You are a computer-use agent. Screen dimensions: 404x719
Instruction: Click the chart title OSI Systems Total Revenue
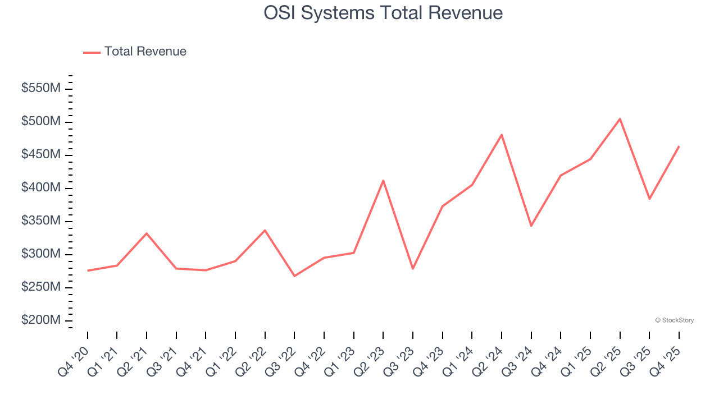point(383,13)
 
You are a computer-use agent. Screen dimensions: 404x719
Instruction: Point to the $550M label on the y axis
point(41,88)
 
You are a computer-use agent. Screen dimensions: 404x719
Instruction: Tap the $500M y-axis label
point(41,121)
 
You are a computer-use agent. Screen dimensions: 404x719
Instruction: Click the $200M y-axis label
point(41,320)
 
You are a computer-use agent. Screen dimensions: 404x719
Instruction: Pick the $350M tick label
point(41,221)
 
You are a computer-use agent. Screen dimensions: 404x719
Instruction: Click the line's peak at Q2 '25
point(620,119)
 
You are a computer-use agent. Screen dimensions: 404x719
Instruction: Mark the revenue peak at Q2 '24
point(501,135)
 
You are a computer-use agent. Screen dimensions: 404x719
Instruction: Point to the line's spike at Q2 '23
point(383,181)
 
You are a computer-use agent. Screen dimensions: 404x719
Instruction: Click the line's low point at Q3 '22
point(294,276)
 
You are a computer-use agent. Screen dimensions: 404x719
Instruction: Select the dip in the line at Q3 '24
point(531,226)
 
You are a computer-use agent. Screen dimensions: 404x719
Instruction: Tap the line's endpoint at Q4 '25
point(679,146)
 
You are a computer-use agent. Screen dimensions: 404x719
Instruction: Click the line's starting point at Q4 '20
point(88,270)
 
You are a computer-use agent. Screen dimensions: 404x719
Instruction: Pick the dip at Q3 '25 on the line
point(649,199)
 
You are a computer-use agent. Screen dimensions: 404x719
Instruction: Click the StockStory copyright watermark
point(674,320)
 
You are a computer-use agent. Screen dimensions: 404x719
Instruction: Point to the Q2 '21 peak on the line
point(147,233)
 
